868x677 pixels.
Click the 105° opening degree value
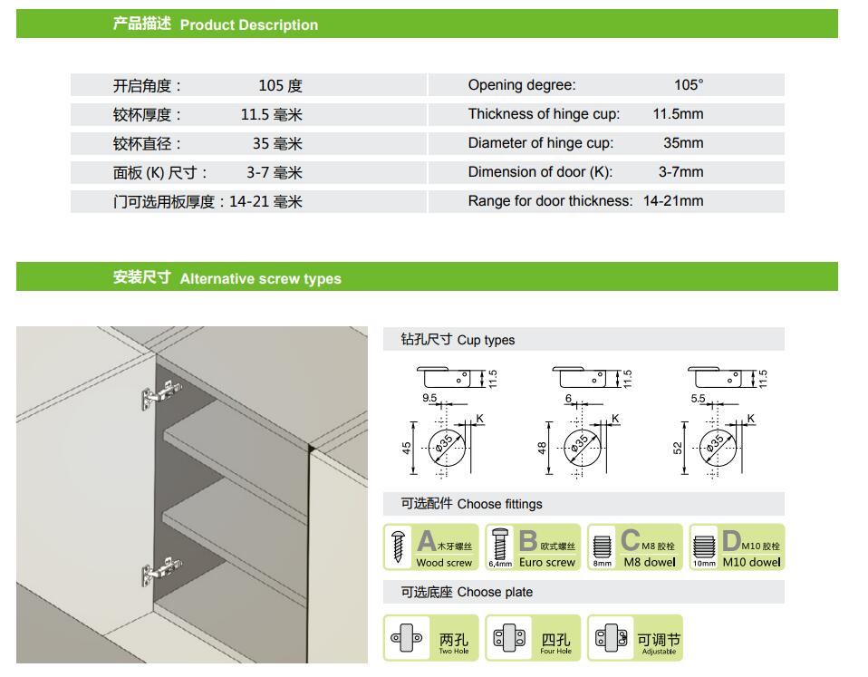point(689,84)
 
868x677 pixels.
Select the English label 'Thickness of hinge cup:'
point(544,114)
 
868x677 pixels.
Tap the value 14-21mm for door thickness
point(673,201)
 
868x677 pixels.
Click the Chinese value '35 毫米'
point(277,144)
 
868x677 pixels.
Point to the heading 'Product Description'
point(249,24)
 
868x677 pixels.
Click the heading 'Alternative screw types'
point(260,278)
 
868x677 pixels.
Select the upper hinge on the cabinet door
point(161,394)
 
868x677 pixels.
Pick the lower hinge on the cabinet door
point(161,571)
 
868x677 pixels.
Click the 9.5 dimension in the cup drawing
point(429,398)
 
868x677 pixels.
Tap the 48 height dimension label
point(542,448)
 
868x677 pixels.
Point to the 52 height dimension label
point(678,448)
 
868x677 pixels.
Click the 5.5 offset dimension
point(698,399)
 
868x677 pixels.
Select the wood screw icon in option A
point(398,546)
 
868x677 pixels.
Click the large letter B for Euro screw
point(528,541)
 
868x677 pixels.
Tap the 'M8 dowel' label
point(650,562)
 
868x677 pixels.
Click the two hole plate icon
point(406,638)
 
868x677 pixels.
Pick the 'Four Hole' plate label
point(555,651)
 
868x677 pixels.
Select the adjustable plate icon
point(612,638)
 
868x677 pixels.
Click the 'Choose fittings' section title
point(499,504)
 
